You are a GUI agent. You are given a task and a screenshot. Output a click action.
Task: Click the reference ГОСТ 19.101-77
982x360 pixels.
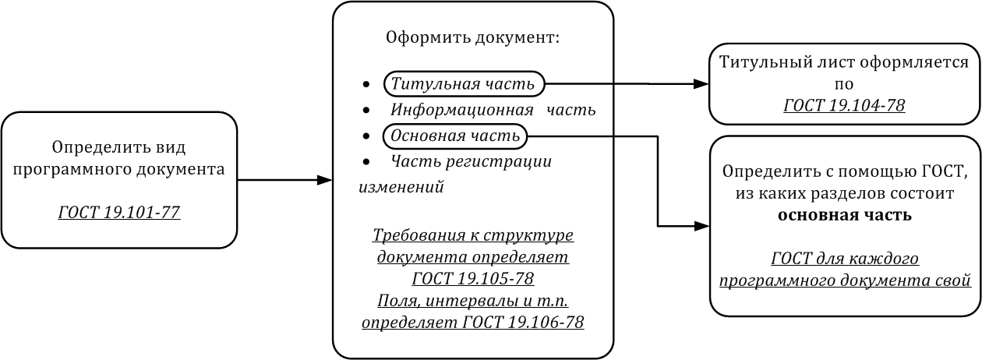[119, 210]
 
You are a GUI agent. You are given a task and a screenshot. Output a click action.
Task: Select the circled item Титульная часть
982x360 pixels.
[463, 83]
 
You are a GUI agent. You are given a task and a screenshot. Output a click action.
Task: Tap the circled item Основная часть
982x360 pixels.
[455, 136]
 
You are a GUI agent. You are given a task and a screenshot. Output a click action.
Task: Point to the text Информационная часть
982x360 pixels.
[493, 110]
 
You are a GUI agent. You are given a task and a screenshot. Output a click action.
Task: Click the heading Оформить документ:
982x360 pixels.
[473, 37]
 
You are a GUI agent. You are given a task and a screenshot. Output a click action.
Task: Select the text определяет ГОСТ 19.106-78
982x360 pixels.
[472, 322]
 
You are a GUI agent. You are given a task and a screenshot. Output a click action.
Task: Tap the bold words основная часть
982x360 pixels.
[845, 214]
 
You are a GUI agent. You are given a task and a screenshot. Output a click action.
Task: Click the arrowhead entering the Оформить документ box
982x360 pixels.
[326, 181]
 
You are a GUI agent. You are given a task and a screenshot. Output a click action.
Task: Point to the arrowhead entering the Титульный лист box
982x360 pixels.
[701, 84]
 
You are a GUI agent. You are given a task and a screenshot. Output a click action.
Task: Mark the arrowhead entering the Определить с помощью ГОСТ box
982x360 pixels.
[702, 227]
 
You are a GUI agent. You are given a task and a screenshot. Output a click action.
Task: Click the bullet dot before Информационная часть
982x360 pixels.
[366, 111]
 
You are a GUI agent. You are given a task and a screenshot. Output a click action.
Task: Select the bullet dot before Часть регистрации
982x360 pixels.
[366, 163]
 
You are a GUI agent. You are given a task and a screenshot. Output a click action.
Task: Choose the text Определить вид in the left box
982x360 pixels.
[119, 146]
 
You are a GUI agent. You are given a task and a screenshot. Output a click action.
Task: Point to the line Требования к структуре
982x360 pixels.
[472, 235]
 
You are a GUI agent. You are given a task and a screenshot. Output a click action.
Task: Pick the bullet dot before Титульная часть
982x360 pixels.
[366, 84]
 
